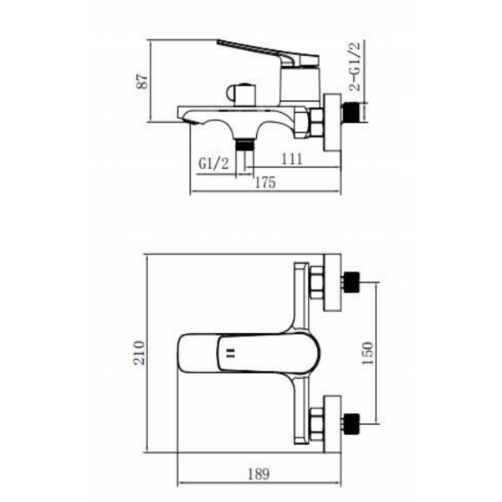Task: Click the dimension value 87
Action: click(x=142, y=81)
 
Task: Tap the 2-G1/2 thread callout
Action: click(x=355, y=66)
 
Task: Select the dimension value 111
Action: click(x=291, y=159)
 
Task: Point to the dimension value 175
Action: click(x=265, y=182)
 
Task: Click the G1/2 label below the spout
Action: click(x=213, y=164)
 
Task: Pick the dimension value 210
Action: click(x=140, y=352)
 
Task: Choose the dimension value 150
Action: click(x=367, y=353)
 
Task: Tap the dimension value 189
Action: click(x=259, y=474)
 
